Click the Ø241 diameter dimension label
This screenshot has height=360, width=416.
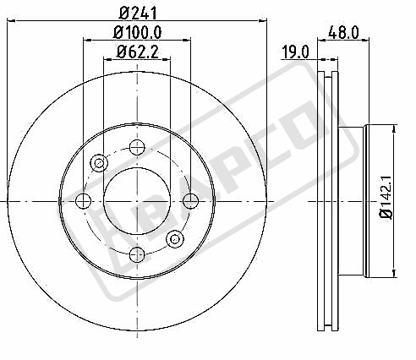click(x=138, y=14)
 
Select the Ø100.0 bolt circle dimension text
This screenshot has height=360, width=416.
click(x=138, y=32)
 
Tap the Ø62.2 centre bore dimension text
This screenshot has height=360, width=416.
click(x=138, y=52)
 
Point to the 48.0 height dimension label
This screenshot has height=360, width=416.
click(x=343, y=32)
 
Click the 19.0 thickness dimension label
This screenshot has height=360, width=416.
click(x=296, y=52)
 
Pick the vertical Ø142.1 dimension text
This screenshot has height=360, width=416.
click(x=386, y=197)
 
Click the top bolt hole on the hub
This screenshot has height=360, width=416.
click(x=137, y=147)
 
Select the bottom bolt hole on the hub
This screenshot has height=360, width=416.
click(x=137, y=254)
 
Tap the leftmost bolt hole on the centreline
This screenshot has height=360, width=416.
click(x=84, y=201)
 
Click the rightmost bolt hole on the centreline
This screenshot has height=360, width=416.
click(x=191, y=201)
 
